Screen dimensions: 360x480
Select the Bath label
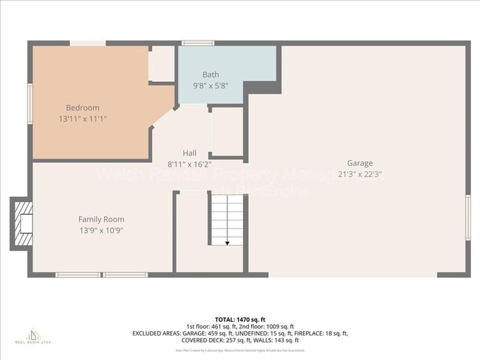point(210,75)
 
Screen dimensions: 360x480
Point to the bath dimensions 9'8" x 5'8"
point(210,85)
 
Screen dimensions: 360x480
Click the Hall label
point(190,153)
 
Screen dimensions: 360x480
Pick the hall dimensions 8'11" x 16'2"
point(190,164)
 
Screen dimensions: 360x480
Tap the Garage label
point(360,163)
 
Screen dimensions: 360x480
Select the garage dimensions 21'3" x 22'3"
point(360,174)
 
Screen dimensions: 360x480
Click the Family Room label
point(101,219)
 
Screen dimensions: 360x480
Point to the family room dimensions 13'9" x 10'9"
point(101,230)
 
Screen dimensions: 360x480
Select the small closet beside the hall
point(227,133)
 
